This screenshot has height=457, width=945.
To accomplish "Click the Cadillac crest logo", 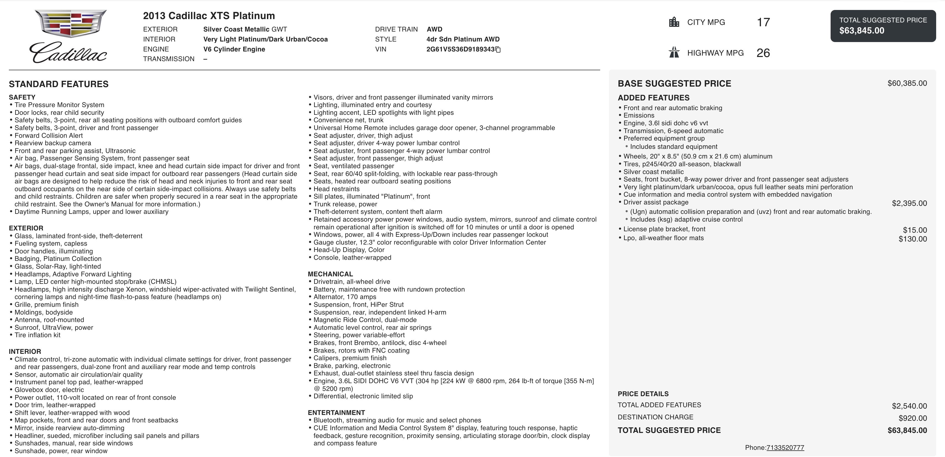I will coord(70,24).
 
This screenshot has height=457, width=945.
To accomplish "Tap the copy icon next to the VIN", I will coord(498,50).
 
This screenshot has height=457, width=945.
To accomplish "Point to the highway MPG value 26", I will coord(763,53).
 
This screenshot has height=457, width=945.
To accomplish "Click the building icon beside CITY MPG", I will coord(674,22).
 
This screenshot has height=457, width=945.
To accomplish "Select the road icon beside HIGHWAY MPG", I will coord(674,53).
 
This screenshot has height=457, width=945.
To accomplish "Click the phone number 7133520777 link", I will coord(785,447).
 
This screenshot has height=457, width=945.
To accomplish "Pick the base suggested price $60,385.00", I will coord(907,83).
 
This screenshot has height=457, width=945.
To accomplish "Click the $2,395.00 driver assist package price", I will coord(909,203).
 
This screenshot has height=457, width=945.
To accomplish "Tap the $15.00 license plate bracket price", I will coord(915,230).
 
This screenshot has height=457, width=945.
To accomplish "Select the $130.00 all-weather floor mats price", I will coord(912,239).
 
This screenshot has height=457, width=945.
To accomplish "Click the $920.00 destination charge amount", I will coord(912,418).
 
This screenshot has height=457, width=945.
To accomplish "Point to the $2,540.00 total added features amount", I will coord(909,406).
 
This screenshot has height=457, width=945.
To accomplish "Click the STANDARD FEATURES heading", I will coord(59,84).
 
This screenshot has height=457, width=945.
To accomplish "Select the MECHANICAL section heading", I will coord(330,274).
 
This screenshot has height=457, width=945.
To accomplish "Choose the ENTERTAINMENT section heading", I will coord(336,412).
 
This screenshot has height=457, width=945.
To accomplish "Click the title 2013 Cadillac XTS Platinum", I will coord(209,16).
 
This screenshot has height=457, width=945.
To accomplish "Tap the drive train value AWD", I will coord(434,29).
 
